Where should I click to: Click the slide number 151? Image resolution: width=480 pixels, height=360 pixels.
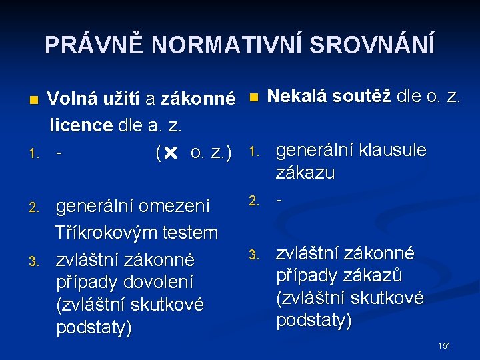coord(445,345)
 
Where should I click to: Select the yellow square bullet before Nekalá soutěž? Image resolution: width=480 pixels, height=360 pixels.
coord(253,97)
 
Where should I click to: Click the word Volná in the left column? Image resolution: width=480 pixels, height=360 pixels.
coord(73,99)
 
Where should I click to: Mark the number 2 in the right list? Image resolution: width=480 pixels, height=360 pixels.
coord(253,199)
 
